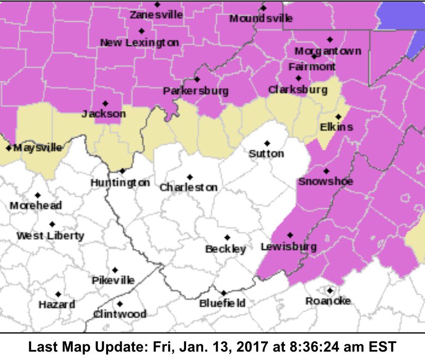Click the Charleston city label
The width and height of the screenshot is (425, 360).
tap(189, 188)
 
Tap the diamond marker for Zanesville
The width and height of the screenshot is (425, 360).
tap(157, 5)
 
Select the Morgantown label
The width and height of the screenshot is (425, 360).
tap(327, 51)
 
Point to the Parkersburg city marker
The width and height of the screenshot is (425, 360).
tap(197, 79)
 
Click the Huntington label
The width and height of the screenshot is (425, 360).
tap(120, 183)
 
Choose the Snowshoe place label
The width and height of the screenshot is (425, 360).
tap(325, 182)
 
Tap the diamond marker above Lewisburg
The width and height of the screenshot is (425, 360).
tap(290, 235)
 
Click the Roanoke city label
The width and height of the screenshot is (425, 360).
tap(328, 301)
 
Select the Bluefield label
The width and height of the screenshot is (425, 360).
tap(222, 303)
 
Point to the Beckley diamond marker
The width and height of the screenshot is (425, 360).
tap(227, 237)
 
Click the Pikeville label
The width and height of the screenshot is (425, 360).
tap(113, 281)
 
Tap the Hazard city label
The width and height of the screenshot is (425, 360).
tap(57, 305)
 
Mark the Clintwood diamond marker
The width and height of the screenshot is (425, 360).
tap(120, 304)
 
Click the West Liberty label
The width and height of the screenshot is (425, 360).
tap(50, 236)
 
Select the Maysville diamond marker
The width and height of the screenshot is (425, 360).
tap(9, 148)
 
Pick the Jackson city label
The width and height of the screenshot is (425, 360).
tap(104, 114)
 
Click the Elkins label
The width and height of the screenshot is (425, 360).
tap(336, 127)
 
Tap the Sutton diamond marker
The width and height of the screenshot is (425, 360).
tap(267, 143)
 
